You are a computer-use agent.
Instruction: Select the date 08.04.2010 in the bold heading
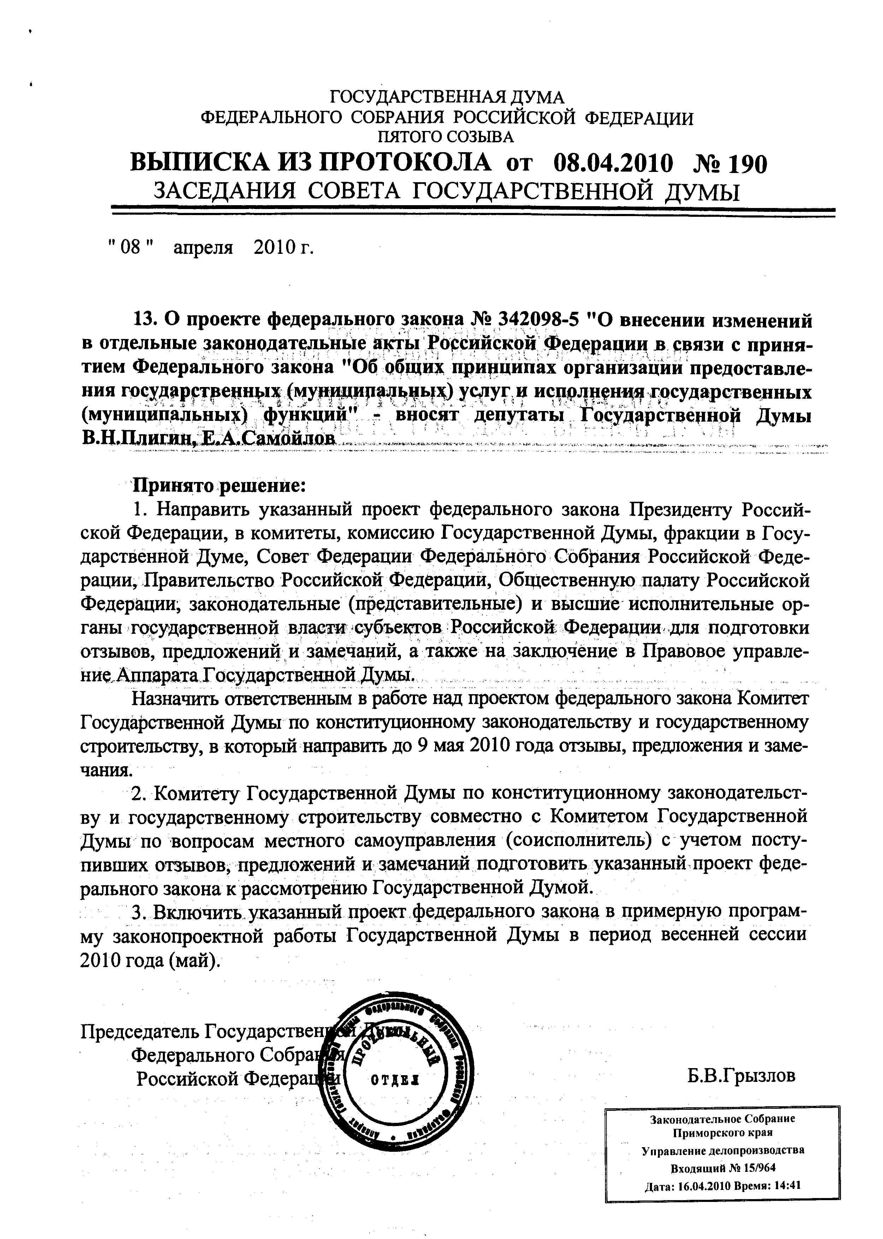(x=613, y=163)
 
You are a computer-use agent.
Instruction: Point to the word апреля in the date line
(x=203, y=248)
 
